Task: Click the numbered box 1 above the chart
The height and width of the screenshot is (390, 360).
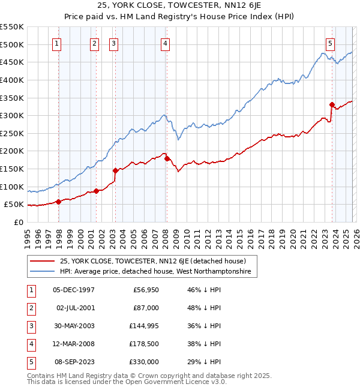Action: (56, 43)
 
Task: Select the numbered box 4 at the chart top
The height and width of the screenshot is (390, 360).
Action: (164, 43)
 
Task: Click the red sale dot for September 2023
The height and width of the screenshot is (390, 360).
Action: (332, 104)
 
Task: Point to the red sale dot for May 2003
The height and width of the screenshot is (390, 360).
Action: (115, 170)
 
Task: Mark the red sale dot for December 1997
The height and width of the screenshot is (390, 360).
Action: (58, 202)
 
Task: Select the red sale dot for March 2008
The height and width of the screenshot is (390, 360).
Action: (167, 158)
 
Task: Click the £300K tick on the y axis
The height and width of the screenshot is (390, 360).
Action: (12, 115)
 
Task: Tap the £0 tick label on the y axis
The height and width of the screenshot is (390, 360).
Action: (18, 222)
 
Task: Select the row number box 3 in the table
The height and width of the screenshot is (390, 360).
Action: (30, 326)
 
